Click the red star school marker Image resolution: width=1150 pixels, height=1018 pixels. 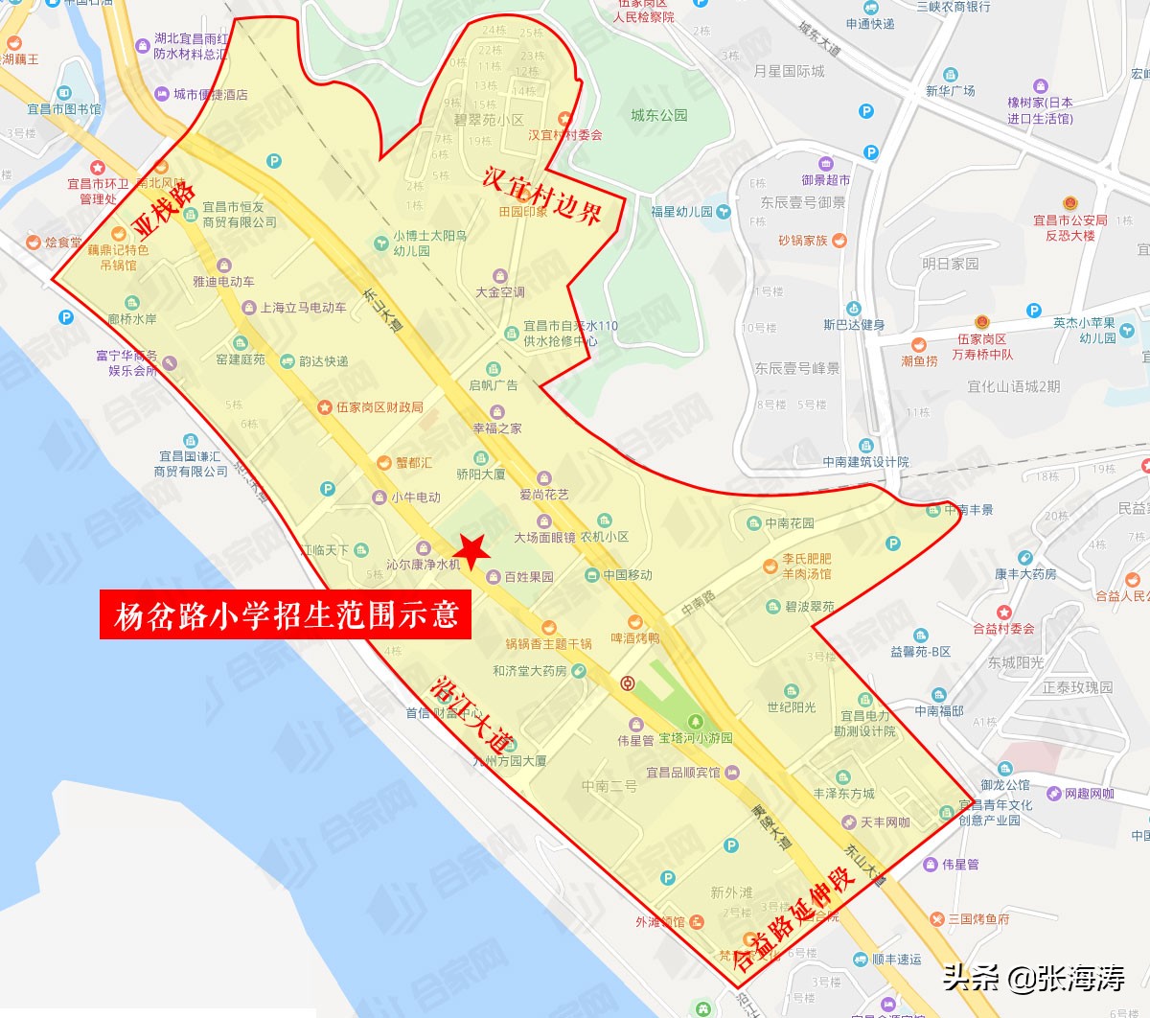(471, 550)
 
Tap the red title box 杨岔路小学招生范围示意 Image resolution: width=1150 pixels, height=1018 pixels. (286, 614)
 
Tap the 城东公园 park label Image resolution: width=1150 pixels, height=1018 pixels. (658, 115)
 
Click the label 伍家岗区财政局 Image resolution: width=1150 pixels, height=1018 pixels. (379, 407)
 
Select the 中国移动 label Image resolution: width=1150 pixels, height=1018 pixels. (627, 575)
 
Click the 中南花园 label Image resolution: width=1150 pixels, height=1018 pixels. (789, 523)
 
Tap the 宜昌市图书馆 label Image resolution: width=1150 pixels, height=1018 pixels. (63, 109)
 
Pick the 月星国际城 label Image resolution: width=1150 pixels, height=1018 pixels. (789, 71)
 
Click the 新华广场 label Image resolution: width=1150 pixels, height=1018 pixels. (950, 90)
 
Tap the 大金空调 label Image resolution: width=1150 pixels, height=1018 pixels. (500, 291)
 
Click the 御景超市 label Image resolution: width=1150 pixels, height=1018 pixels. (826, 179)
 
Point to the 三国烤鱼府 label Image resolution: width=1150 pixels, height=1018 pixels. (977, 918)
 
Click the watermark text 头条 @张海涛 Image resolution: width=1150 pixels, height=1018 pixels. (1034, 978)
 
